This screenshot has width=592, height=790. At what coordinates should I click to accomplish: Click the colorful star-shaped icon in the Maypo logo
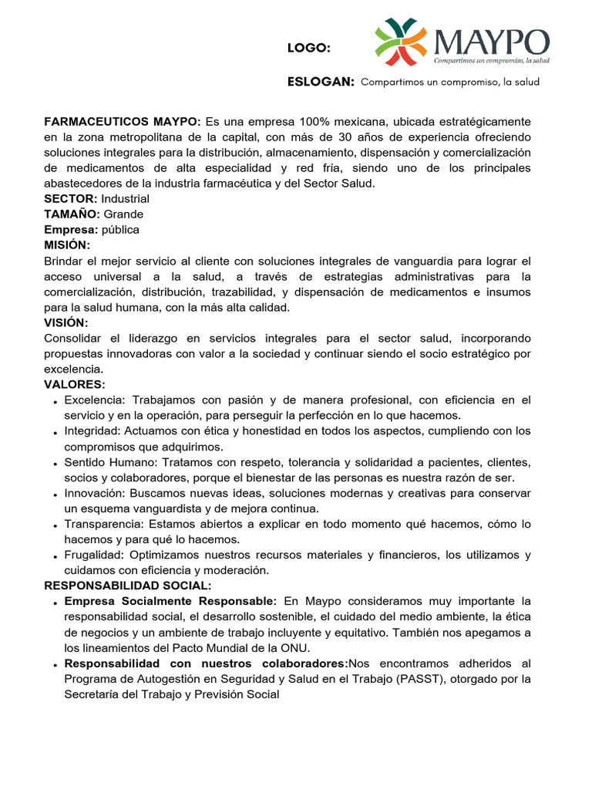[400, 42]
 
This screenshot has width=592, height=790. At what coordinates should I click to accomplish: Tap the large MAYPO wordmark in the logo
[491, 40]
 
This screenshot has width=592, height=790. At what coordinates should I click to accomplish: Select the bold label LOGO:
[309, 49]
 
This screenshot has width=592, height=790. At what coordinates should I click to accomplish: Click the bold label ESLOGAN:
[321, 82]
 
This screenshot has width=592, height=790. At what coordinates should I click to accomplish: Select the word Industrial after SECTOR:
[126, 199]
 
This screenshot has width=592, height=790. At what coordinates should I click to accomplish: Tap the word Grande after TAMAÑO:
[123, 214]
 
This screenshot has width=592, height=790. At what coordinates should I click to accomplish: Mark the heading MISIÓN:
[67, 245]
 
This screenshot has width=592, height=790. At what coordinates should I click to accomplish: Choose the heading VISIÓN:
[66, 322]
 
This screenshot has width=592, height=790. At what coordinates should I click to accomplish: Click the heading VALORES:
[75, 384]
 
